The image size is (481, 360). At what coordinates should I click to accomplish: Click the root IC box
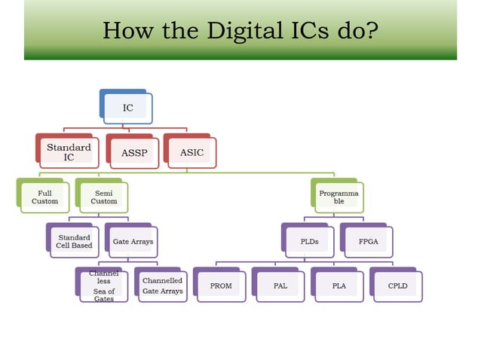(128, 108)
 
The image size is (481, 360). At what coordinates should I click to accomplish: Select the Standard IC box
(69, 152)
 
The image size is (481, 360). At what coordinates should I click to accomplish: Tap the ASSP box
(134, 153)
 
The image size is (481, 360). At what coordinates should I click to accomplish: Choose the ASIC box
(191, 152)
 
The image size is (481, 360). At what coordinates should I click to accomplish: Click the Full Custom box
(45, 197)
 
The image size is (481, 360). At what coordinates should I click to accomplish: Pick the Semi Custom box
(104, 197)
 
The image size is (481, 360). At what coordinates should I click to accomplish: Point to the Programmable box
(339, 197)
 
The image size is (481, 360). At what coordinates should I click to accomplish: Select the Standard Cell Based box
(74, 242)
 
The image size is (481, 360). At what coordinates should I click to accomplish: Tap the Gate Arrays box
(133, 242)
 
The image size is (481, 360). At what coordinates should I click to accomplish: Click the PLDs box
(309, 242)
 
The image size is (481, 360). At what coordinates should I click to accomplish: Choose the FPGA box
(368, 242)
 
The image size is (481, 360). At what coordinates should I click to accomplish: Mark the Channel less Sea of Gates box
(104, 286)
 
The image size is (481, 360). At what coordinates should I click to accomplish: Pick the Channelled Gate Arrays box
(162, 286)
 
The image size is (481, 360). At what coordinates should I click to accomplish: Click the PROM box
(221, 286)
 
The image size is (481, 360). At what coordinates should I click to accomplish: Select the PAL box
(280, 286)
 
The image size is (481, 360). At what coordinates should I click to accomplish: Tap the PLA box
(339, 286)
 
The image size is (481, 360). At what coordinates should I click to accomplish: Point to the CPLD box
(397, 286)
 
